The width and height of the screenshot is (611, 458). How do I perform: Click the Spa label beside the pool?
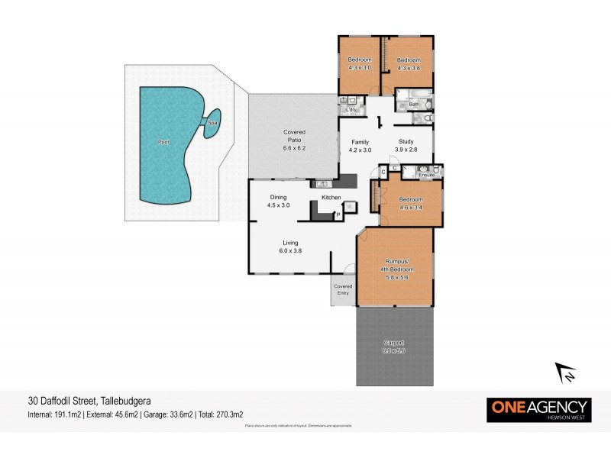[211, 123]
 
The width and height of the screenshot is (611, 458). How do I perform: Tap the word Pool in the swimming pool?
[163, 142]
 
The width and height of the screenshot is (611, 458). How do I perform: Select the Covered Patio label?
[294, 137]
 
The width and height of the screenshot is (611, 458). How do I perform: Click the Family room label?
[360, 142]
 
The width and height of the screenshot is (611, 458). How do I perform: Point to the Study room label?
[406, 142]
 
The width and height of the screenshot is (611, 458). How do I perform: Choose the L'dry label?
[351, 110]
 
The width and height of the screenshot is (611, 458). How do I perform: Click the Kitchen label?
[331, 198]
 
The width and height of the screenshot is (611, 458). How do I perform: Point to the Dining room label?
[278, 198]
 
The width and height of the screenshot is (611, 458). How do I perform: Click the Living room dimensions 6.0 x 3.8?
[291, 250]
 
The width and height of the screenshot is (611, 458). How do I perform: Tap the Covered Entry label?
[343, 289]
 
